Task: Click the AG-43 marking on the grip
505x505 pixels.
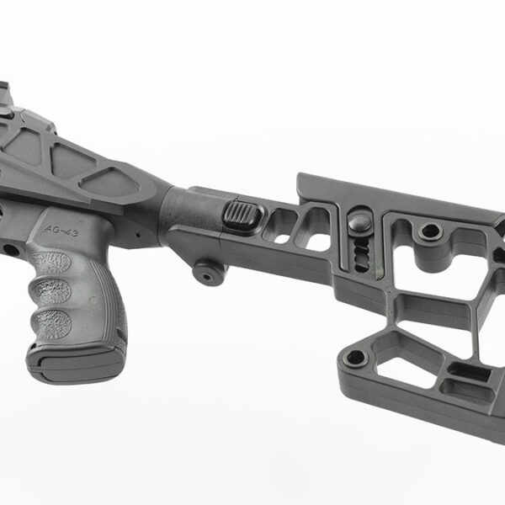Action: (61, 231)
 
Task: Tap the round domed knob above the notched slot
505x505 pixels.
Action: (360, 222)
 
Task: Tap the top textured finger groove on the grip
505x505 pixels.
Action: (50, 263)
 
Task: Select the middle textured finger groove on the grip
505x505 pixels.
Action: (50, 291)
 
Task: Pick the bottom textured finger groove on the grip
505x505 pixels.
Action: (51, 323)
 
